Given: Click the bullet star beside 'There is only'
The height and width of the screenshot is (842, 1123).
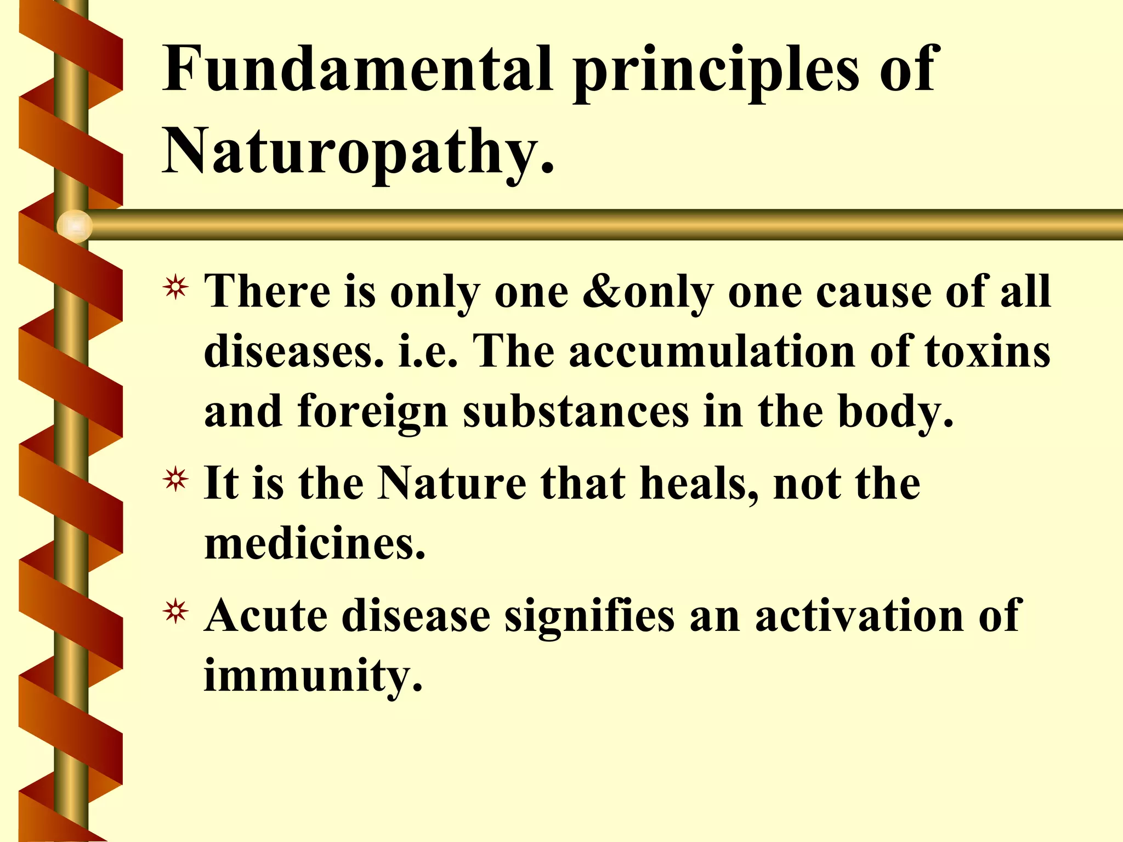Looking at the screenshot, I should tap(175, 288).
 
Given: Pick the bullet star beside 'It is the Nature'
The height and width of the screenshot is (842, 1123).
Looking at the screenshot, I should tap(175, 480).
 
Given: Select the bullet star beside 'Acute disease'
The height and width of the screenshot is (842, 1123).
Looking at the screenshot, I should tap(175, 613).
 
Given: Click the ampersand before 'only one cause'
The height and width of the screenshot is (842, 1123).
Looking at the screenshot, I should tap(602, 291).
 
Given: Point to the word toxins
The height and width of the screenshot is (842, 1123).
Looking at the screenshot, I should tap(988, 351).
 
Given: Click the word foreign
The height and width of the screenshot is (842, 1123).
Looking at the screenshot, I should tap(373, 412).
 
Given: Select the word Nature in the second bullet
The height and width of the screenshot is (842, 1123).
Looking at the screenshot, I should tap(452, 483).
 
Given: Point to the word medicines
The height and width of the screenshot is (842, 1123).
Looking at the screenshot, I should tap(314, 544).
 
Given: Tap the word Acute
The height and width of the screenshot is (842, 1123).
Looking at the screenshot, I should tap(266, 616).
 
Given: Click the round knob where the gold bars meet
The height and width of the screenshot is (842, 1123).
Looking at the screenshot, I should tap(74, 226).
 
